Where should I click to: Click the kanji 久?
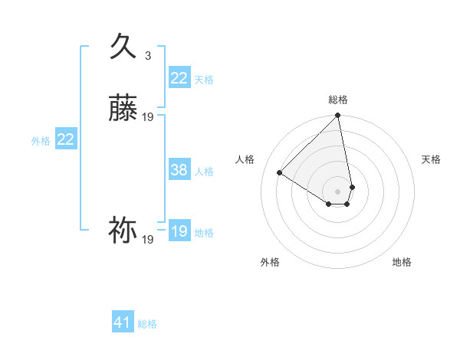pos(123,47)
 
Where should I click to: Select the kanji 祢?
pos(123,230)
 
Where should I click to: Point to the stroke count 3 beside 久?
pos(148,55)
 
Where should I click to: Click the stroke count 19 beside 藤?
pos(148,117)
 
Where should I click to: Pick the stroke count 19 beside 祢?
pos(148,240)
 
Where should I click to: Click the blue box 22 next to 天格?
pos(179,78)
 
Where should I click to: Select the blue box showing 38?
pos(179,170)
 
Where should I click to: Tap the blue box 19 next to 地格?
pos(179,231)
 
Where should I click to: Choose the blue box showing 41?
pos(123,322)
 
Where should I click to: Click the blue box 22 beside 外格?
pos(66,139)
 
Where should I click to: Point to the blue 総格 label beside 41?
pos(147,324)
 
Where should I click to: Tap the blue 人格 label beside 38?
pos(204,172)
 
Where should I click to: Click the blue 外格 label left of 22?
pos(41,141)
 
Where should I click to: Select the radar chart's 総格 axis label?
pos(338,100)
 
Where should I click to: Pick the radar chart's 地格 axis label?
pos(402,262)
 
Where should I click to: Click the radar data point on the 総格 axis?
pos(338,116)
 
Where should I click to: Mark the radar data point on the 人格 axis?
pos(280,173)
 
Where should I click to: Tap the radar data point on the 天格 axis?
pos(352,187)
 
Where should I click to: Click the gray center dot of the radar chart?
pos(338,191)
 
